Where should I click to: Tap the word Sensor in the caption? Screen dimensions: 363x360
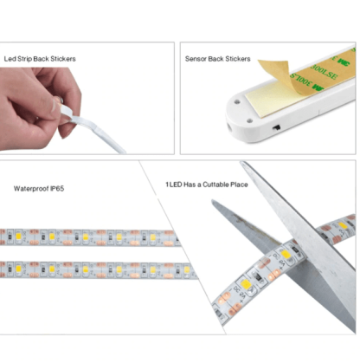coord(196,59)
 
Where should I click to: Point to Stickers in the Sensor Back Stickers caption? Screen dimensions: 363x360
coord(237,59)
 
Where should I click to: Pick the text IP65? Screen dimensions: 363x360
coord(58,187)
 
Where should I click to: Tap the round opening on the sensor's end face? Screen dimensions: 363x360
coord(227,124)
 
